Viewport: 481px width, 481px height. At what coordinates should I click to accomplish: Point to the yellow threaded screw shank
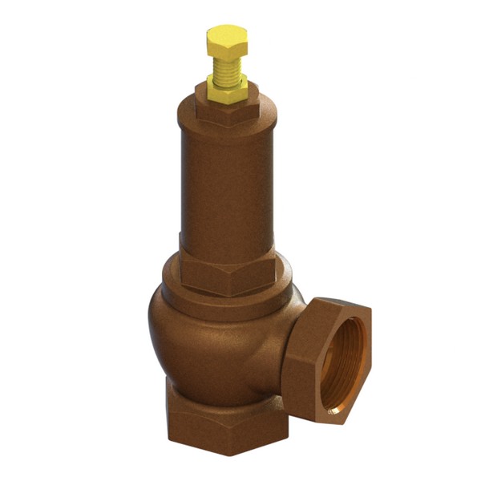(227, 68)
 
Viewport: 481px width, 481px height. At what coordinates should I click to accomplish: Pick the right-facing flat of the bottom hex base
(257, 429)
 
